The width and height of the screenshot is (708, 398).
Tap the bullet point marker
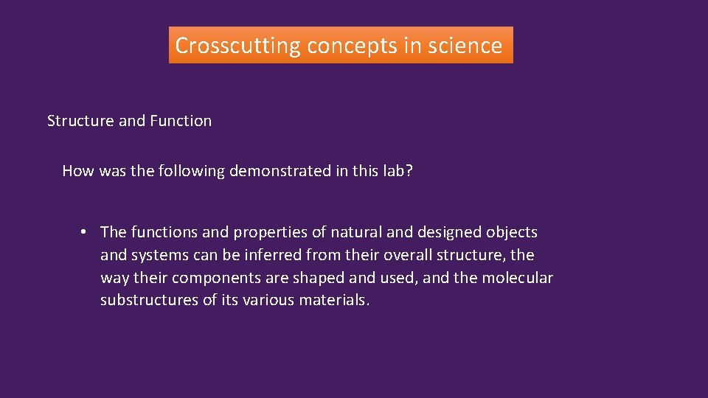pyautogui.click(x=85, y=232)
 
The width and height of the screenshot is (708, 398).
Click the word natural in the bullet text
pyautogui.click(x=356, y=232)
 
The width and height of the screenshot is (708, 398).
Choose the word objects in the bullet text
pyautogui.click(x=512, y=232)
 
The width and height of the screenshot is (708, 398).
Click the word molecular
pyautogui.click(x=518, y=278)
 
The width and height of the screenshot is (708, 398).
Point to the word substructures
pyautogui.click(x=149, y=301)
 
